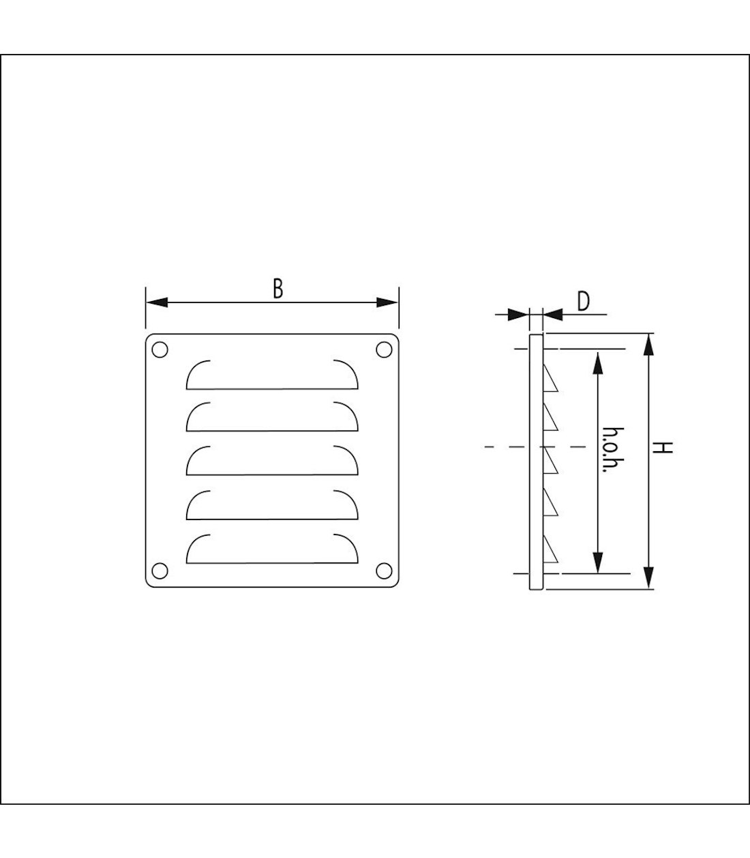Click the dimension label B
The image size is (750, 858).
click(277, 289)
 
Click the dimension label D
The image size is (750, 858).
click(583, 301)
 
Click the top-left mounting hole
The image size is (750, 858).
click(160, 349)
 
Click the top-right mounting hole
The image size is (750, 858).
click(384, 349)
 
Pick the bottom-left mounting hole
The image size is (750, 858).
click(160, 569)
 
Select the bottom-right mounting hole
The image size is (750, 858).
click(384, 569)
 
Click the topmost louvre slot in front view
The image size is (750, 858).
click(272, 375)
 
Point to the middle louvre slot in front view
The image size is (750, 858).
click(272, 461)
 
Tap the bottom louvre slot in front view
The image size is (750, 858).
click(272, 550)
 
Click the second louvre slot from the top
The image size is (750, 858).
click(272, 417)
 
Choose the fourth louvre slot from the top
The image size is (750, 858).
click(272, 505)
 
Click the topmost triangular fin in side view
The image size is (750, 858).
click(550, 381)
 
